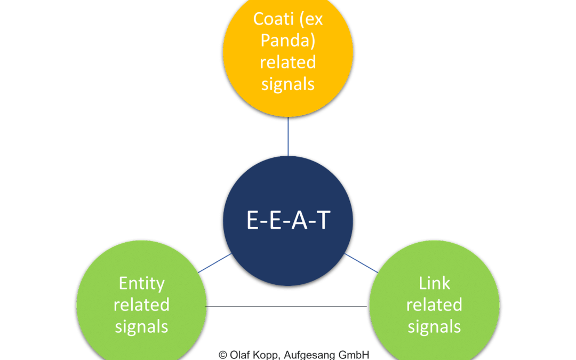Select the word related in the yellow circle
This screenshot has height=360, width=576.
click(x=288, y=62)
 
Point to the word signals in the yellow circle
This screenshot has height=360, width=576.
click(x=288, y=84)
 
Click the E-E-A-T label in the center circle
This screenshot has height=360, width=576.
click(x=288, y=220)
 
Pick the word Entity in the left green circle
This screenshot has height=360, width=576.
click(x=141, y=283)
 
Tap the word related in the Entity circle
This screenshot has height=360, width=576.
click(x=141, y=305)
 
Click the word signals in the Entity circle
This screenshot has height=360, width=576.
click(x=141, y=326)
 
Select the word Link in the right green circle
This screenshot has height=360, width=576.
click(x=434, y=283)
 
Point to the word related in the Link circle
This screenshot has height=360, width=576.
click(x=434, y=305)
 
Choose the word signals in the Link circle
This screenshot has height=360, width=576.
click(x=434, y=326)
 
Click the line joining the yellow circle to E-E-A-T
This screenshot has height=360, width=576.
click(x=288, y=137)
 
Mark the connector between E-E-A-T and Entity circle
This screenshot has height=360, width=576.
click(x=215, y=263)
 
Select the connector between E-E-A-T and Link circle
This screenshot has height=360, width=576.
click(x=361, y=263)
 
